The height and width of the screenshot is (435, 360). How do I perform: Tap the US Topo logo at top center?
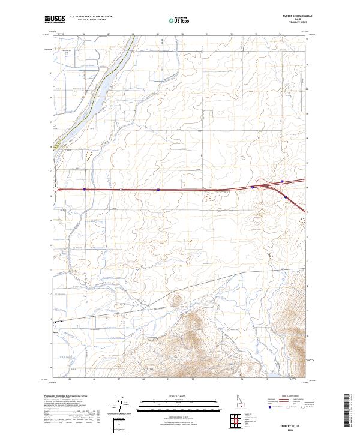pos(175,20)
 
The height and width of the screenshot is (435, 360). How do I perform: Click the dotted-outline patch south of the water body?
pos(91,155)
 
